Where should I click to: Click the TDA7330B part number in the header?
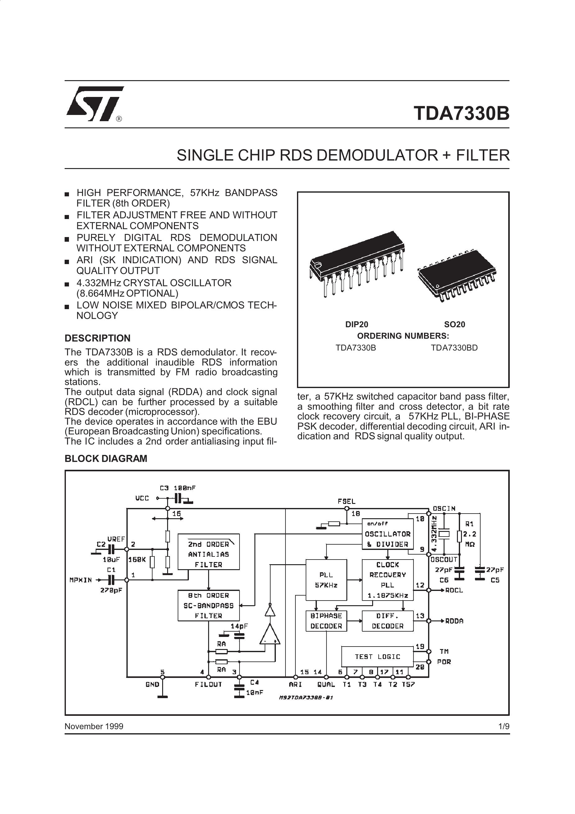click(x=462, y=113)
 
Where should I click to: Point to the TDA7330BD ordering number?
click(x=454, y=348)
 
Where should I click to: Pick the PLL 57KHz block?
click(x=326, y=580)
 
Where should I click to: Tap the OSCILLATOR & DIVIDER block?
click(x=387, y=534)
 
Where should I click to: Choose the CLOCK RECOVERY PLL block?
click(x=387, y=580)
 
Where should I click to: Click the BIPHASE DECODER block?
click(x=326, y=621)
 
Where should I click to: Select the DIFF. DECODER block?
click(x=387, y=621)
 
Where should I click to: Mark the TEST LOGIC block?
click(x=377, y=656)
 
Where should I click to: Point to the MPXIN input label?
click(x=81, y=580)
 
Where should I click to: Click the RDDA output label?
click(x=454, y=621)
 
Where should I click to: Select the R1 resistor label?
click(x=469, y=524)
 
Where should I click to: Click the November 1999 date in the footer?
click(x=94, y=726)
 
